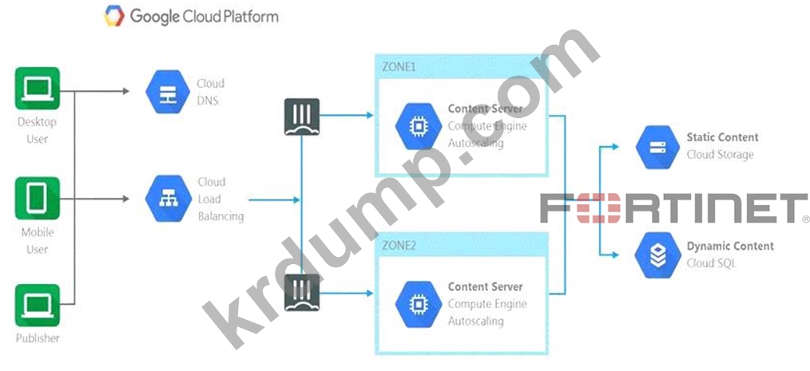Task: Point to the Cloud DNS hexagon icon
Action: [167, 92]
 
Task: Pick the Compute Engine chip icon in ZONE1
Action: [416, 126]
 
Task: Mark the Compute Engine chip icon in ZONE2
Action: [416, 304]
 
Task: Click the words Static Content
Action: [722, 137]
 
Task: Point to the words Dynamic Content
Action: [729, 246]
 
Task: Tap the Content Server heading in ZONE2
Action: [485, 286]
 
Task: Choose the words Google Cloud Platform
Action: [204, 16]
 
